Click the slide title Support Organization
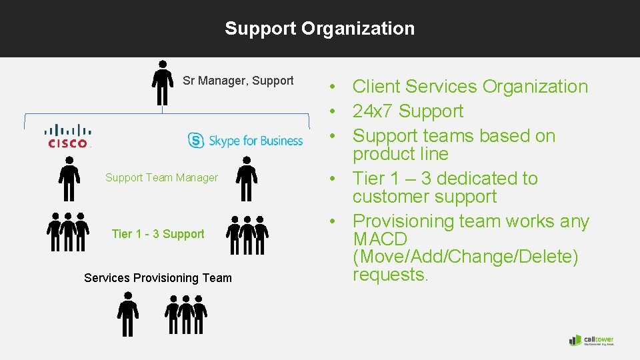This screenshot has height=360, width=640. pyautogui.click(x=319, y=29)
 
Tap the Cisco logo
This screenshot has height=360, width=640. pyautogui.click(x=68, y=135)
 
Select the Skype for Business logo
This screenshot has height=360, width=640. pyautogui.click(x=245, y=140)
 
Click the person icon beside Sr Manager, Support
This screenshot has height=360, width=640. pyautogui.click(x=163, y=83)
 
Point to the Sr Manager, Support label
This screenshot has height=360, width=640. pyautogui.click(x=238, y=81)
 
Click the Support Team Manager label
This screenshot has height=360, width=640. pyautogui.click(x=161, y=177)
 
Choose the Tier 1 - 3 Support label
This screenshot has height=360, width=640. pyautogui.click(x=158, y=234)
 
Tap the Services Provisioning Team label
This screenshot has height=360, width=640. pyautogui.click(x=158, y=278)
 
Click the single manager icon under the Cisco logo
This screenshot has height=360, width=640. pyautogui.click(x=69, y=179)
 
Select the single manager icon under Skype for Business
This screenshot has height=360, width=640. pyautogui.click(x=247, y=179)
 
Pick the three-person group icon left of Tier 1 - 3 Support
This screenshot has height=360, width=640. pyautogui.click(x=68, y=232)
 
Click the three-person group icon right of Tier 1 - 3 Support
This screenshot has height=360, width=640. pyautogui.click(x=247, y=235)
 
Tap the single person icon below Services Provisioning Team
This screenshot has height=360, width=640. pyautogui.click(x=127, y=315)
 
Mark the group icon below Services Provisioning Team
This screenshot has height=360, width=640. pyautogui.click(x=186, y=315)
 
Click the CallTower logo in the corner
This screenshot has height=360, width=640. pyautogui.click(x=591, y=340)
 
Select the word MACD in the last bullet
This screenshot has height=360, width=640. pyautogui.click(x=380, y=239)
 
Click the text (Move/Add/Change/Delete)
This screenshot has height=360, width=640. pyautogui.click(x=465, y=257)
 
